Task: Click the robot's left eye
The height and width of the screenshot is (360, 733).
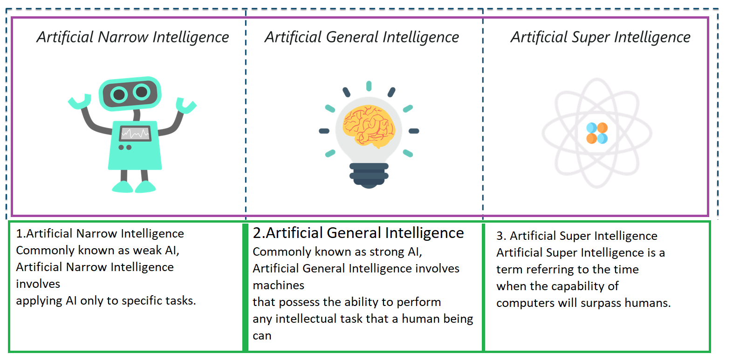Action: (x=119, y=95)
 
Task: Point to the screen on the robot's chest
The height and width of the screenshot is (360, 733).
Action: (x=135, y=133)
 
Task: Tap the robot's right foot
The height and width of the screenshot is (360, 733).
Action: (x=145, y=187)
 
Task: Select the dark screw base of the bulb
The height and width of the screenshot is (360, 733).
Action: (x=369, y=175)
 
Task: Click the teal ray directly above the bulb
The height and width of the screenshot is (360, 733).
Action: (x=369, y=86)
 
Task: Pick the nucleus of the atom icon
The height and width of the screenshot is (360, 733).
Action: (x=597, y=133)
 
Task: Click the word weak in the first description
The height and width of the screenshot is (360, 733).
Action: (x=147, y=251)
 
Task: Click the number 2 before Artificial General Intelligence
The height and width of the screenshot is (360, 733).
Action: (x=257, y=233)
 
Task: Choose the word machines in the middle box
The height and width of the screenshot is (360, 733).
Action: (x=279, y=285)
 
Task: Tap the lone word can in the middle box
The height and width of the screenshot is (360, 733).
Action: (x=262, y=336)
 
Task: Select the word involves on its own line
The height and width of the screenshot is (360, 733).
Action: (x=38, y=284)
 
